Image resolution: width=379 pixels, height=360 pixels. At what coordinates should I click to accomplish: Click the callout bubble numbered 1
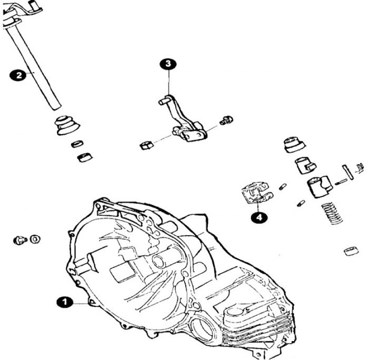[x=65, y=302]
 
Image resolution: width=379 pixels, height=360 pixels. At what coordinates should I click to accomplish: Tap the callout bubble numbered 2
[x=18, y=75]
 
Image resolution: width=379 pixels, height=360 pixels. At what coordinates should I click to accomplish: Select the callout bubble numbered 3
[x=168, y=64]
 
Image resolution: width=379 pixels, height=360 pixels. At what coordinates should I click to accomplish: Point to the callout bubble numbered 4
[x=259, y=218]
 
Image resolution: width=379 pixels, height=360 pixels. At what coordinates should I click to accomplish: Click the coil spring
[x=332, y=213]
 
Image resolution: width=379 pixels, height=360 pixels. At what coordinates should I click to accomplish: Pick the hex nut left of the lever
[x=146, y=146]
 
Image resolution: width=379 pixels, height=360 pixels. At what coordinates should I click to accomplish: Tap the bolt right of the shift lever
[x=226, y=120]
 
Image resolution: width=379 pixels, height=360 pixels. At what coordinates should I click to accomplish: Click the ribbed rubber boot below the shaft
[x=67, y=126]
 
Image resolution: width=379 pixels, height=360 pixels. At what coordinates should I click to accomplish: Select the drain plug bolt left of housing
[x=20, y=240]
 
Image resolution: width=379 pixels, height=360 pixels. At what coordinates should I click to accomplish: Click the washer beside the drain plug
[x=35, y=239]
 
